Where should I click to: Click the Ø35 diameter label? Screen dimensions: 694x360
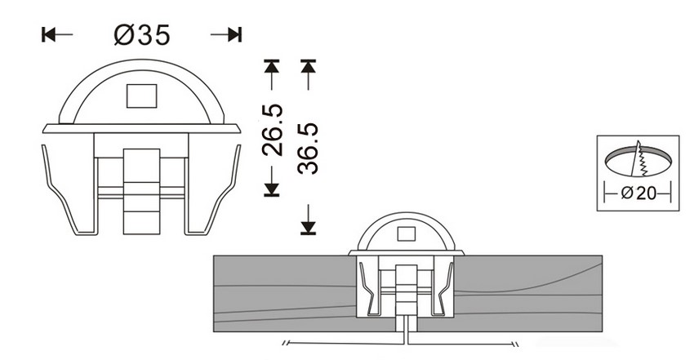pos(141,35)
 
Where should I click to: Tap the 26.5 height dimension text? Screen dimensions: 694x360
pos(273,130)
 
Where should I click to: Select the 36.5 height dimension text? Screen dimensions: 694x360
pos(308,148)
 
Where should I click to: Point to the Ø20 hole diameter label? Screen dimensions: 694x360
pos(638,193)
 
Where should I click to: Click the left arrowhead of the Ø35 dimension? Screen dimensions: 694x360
pos(48,34)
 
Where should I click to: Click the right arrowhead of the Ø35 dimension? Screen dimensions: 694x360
pos(234,34)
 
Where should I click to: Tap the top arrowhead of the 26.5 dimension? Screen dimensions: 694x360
pos(272,66)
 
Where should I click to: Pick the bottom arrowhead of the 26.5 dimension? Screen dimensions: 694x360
pos(272,189)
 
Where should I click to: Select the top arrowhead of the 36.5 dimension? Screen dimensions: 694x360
pos(308,66)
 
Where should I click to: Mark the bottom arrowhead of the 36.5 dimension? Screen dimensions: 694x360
pos(308,228)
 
